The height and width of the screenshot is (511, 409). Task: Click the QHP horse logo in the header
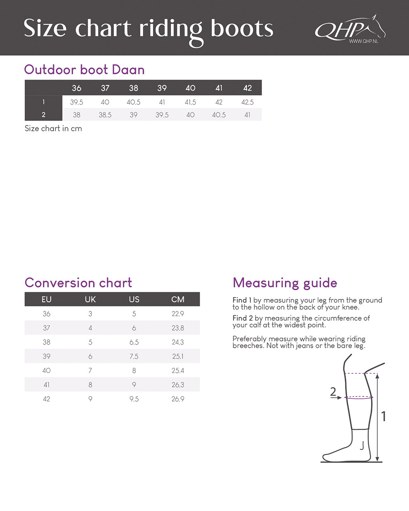tap(349, 28)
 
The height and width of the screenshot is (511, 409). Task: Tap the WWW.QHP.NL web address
tap(363, 41)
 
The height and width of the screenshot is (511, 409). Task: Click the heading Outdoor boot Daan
tap(84, 69)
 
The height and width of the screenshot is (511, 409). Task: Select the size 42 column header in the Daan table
tap(248, 88)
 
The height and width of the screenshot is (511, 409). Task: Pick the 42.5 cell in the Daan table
tap(248, 102)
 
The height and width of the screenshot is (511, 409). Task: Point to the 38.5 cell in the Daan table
tap(105, 115)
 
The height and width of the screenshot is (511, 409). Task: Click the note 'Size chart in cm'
tap(53, 129)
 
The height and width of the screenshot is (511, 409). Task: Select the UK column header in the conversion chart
tap(90, 299)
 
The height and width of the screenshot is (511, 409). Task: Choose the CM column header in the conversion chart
tap(178, 299)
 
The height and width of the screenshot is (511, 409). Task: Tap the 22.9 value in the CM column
tap(178, 314)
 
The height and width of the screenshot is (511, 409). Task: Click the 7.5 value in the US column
tap(134, 357)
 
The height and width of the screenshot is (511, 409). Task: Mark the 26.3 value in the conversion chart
tap(178, 385)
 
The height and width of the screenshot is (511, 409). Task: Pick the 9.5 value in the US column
tap(134, 399)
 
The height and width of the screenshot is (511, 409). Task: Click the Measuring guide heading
tap(285, 283)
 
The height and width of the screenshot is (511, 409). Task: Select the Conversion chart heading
tap(78, 283)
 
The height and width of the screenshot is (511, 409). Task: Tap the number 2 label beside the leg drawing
tap(333, 392)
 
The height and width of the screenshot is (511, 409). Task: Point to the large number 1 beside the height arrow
tap(384, 416)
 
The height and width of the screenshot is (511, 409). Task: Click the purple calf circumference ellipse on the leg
tap(359, 398)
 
